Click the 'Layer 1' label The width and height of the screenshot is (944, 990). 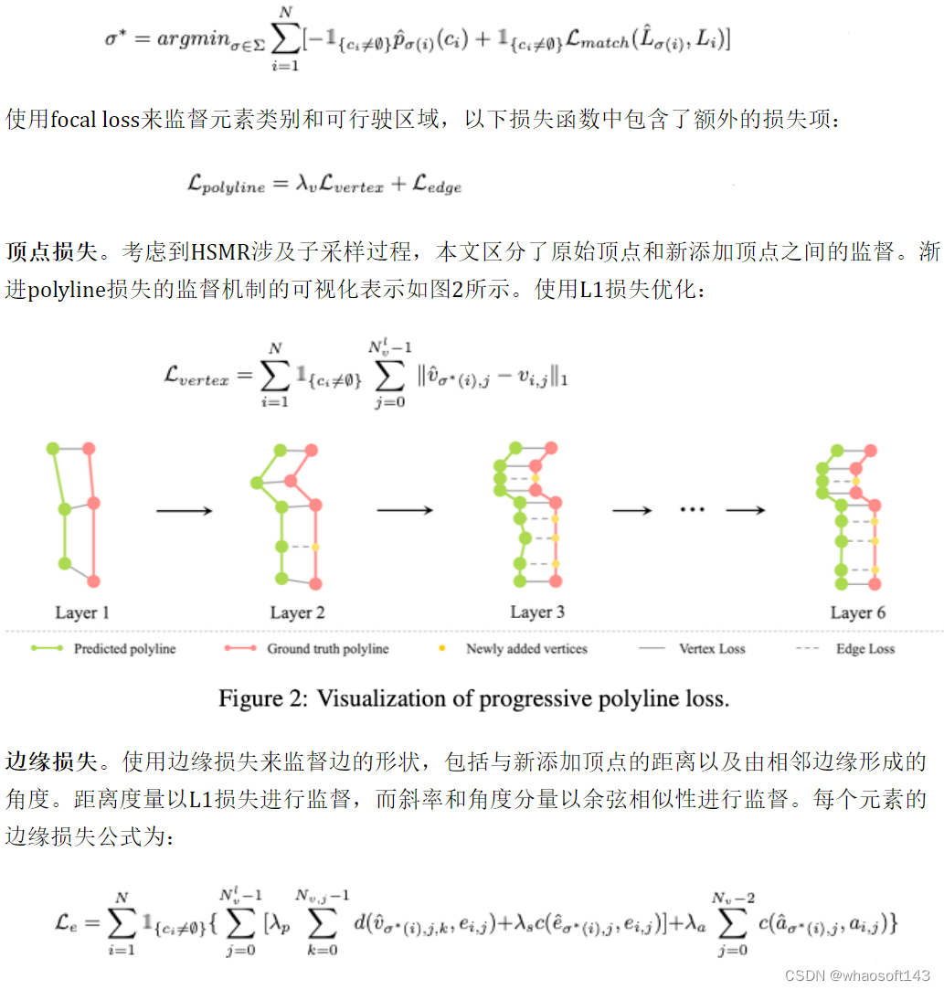point(82,612)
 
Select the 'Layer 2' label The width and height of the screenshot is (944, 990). point(297,612)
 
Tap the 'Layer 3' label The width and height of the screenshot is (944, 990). point(536,612)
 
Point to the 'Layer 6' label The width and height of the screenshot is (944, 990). point(857,612)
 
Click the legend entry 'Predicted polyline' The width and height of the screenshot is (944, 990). point(124,649)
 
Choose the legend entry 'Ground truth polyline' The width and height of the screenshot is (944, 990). point(327,649)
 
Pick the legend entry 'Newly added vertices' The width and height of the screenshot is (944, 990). point(526,649)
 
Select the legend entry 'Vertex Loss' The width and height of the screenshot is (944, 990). point(712,649)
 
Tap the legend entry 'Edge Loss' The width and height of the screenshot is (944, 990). point(865,649)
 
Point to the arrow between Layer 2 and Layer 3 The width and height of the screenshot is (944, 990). point(405,510)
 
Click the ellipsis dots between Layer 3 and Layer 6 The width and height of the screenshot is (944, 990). point(692,508)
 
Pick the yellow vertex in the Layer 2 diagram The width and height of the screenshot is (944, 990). point(315,547)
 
